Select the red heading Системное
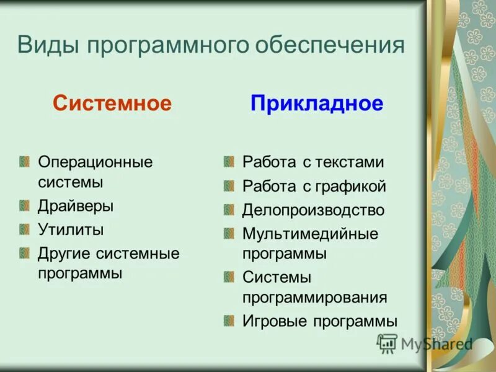point(112,103)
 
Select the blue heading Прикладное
point(317,103)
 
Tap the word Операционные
point(95,162)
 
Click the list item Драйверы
point(76,206)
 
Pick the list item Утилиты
point(71,230)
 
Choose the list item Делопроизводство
point(313,210)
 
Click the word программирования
point(315,298)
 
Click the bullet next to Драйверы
point(24,205)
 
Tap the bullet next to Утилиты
point(24,229)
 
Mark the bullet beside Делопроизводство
point(229,210)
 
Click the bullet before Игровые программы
point(229,321)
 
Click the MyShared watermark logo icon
point(387,343)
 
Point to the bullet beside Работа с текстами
point(229,162)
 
